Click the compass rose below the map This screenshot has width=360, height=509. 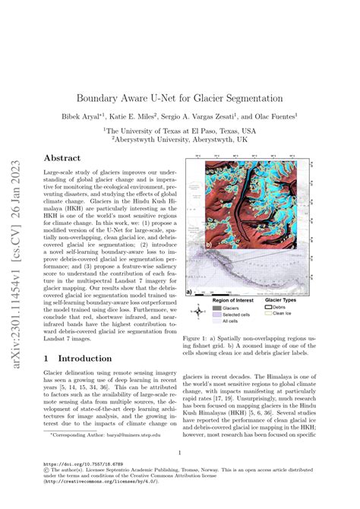(216, 310)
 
